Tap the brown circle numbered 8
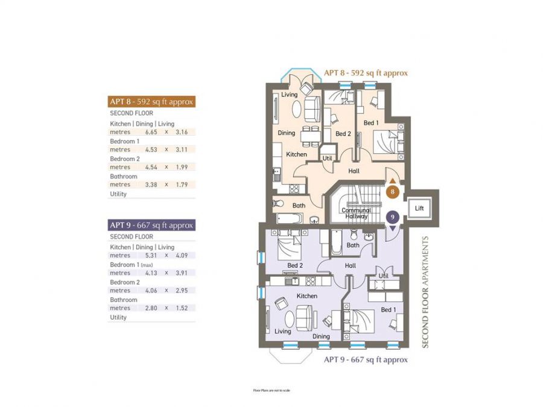click(x=393, y=193)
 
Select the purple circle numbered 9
click(x=393, y=216)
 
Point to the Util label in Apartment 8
click(x=328, y=158)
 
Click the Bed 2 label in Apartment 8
click(x=343, y=134)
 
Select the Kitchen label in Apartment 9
click(x=306, y=296)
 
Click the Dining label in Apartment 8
click(x=287, y=133)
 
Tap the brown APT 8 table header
click(x=151, y=101)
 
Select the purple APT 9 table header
click(x=151, y=225)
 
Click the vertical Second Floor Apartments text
click(x=425, y=291)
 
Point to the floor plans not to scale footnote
click(x=271, y=391)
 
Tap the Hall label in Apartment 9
click(x=350, y=265)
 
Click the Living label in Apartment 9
click(x=282, y=331)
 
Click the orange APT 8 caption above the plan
click(x=366, y=73)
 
